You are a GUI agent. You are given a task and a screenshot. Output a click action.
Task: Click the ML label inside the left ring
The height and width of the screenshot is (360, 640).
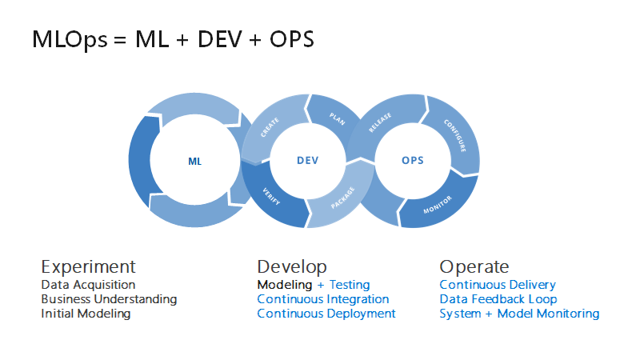[x=195, y=161]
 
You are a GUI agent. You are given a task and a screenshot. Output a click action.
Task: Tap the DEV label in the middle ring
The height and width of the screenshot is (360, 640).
[x=307, y=161]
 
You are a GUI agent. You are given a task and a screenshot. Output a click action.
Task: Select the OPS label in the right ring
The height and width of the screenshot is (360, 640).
[x=412, y=161]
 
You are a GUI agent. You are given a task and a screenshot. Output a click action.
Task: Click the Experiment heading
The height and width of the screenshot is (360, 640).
[x=88, y=266]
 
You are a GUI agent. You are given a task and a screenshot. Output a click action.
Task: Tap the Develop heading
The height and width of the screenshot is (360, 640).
[x=292, y=266]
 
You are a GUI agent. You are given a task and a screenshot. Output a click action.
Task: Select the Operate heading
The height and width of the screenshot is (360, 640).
[x=474, y=266]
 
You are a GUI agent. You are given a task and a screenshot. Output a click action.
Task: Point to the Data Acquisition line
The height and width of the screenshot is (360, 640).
[x=88, y=285]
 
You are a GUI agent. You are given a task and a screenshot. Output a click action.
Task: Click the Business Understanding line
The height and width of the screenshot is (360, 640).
[x=109, y=299]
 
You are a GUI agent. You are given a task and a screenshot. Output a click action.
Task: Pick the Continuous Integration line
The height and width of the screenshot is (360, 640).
[x=322, y=299]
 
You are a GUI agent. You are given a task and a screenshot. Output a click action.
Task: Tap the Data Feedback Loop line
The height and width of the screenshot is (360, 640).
[x=498, y=299]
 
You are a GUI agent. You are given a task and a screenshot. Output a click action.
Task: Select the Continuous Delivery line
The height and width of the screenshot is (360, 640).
[x=497, y=285]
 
